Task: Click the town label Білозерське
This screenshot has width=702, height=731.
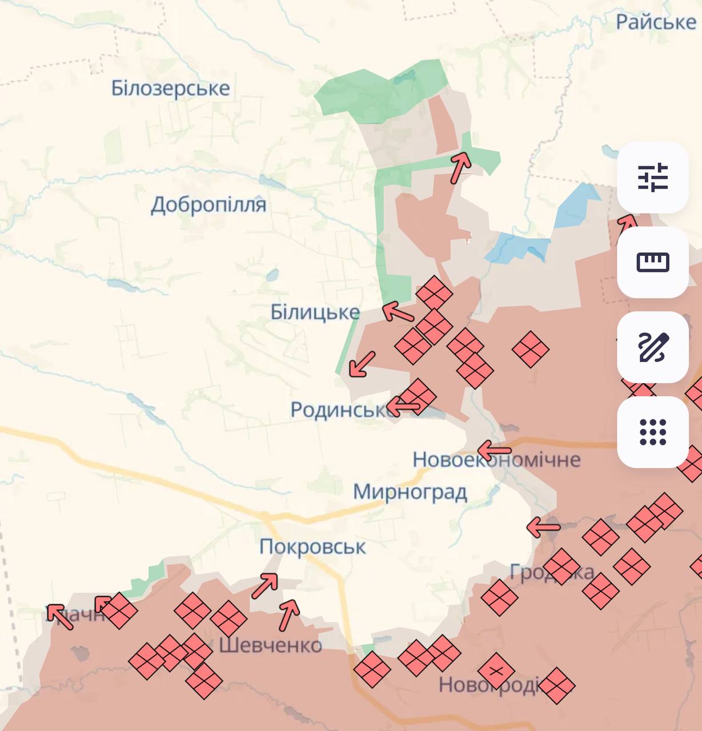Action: click(170, 89)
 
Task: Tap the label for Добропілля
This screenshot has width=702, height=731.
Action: click(208, 204)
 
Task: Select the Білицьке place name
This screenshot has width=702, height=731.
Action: click(315, 312)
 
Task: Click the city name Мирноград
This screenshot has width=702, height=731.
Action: click(410, 492)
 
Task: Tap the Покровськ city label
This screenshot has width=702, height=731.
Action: click(312, 547)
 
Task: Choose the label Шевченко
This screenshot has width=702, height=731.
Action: click(270, 645)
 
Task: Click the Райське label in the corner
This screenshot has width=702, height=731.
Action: click(656, 22)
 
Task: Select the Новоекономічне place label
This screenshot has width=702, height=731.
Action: click(496, 459)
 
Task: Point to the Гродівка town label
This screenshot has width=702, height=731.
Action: click(551, 572)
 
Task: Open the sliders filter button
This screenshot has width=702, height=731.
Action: click(652, 177)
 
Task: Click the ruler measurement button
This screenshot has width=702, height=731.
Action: click(652, 262)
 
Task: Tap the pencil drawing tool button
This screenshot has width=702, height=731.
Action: click(652, 347)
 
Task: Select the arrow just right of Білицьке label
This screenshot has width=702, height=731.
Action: click(398, 312)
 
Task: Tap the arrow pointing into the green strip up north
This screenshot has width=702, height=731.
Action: click(460, 167)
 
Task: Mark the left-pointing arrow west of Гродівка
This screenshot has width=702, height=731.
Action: click(543, 527)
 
